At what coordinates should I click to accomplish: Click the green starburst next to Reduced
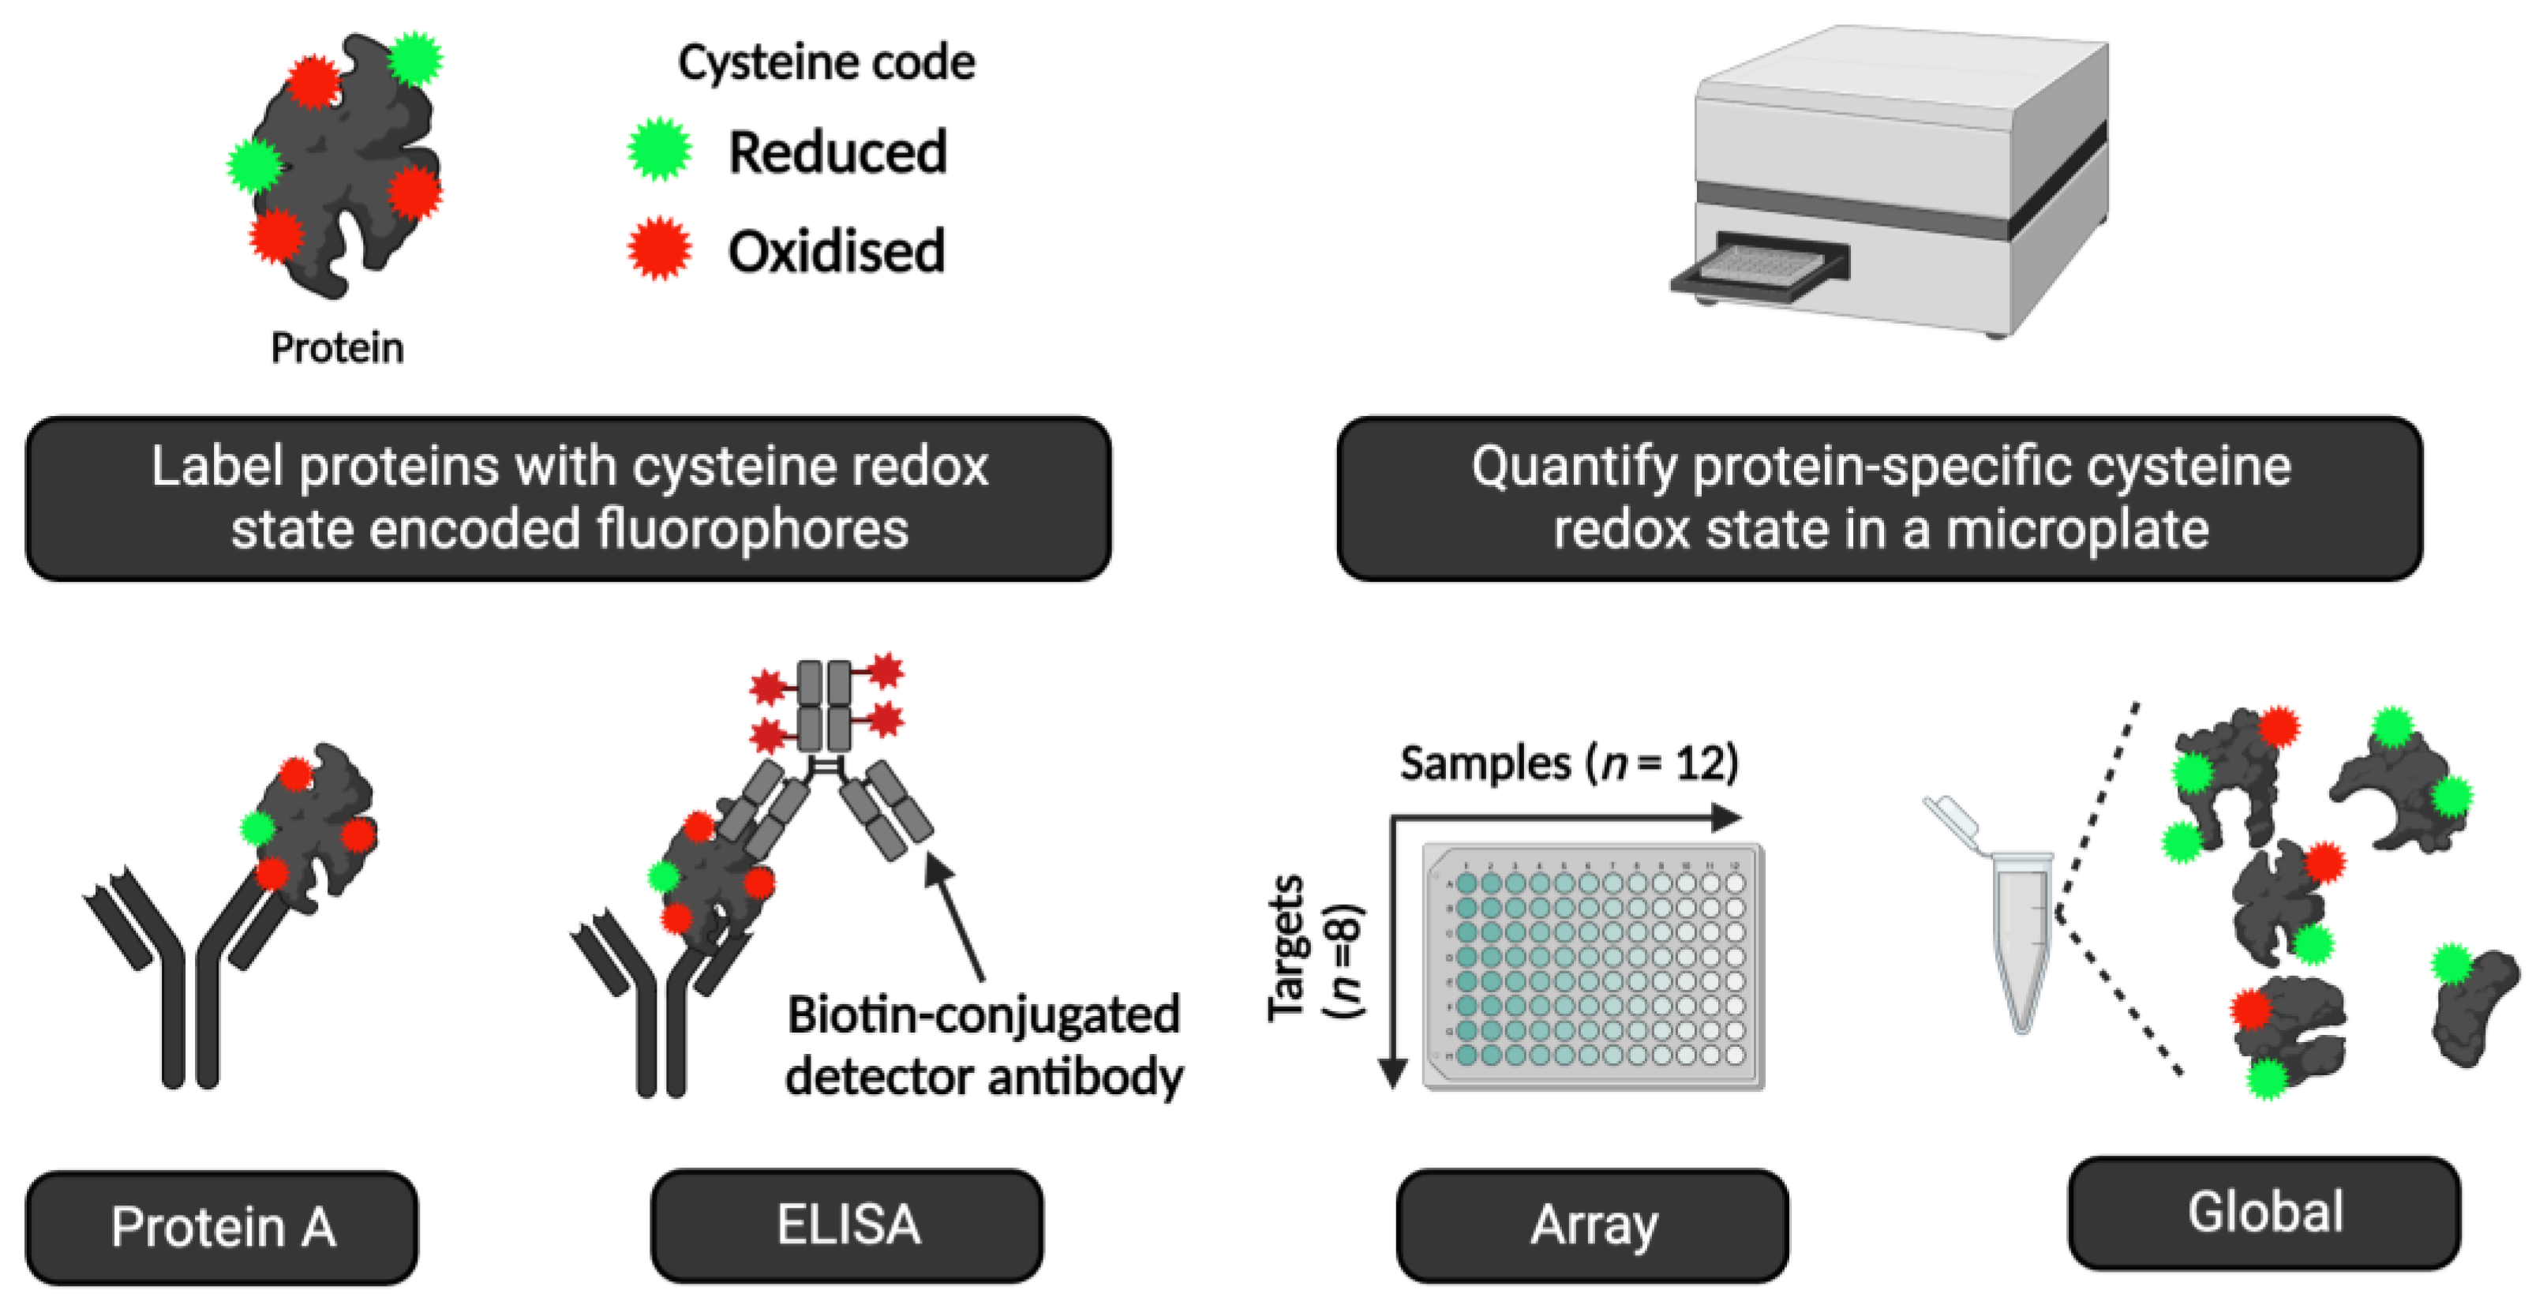(660, 149)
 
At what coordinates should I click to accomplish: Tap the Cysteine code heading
(826, 62)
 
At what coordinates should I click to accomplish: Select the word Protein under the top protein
(337, 348)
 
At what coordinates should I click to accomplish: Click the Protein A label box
(222, 1226)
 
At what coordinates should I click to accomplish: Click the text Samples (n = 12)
(1569, 763)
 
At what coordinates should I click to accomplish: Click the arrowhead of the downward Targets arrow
(1392, 1073)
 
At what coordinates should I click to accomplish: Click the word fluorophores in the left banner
(751, 529)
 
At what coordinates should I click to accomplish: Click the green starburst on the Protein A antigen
(258, 827)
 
